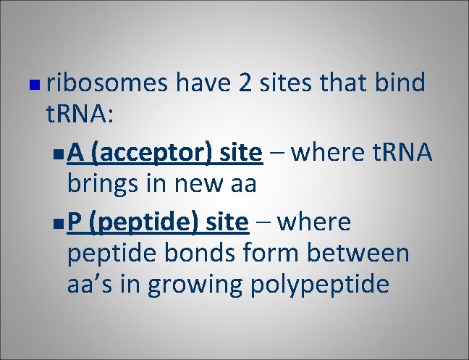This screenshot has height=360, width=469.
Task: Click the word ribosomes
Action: tap(109, 84)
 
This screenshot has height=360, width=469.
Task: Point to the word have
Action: tap(205, 84)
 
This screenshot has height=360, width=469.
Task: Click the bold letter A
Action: tap(76, 153)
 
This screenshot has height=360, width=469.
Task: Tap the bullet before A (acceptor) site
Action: tap(58, 155)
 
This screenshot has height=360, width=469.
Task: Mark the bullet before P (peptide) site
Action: tap(58, 224)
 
